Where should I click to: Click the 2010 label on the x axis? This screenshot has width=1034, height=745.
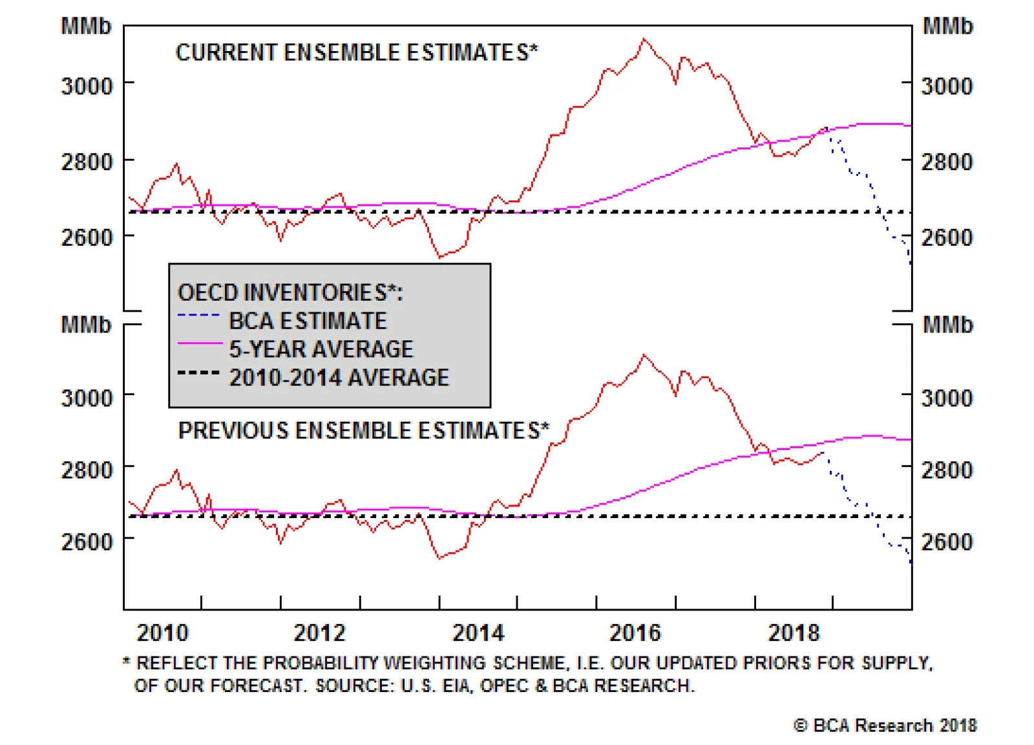click(162, 632)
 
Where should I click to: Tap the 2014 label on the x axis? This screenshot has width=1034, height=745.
click(478, 632)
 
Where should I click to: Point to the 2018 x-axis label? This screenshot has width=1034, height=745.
click(794, 632)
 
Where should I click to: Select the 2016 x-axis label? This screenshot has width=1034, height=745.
click(635, 632)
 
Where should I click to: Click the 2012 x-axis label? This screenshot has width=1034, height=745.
click(320, 632)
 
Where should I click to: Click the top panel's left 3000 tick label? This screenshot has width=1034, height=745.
click(87, 86)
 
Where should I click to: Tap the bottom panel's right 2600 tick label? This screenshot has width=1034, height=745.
click(947, 542)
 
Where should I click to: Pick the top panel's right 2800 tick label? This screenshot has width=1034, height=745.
click(947, 162)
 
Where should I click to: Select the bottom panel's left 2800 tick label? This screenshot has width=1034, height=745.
click(87, 470)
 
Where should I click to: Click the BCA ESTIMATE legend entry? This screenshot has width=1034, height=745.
click(308, 321)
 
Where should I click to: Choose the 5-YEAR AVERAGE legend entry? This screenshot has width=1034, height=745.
click(321, 349)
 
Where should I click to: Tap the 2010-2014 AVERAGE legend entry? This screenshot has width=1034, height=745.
click(339, 378)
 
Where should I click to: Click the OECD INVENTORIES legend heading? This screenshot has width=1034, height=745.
click(290, 292)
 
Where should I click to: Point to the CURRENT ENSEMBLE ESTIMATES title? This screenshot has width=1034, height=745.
click(357, 52)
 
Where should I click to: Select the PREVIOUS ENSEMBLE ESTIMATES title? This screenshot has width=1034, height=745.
click(364, 431)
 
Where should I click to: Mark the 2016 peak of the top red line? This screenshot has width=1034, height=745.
click(644, 39)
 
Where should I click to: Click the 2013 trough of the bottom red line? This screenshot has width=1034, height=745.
click(439, 557)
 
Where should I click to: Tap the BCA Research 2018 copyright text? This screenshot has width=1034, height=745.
click(885, 726)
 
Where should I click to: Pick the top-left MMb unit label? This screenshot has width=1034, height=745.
click(86, 27)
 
